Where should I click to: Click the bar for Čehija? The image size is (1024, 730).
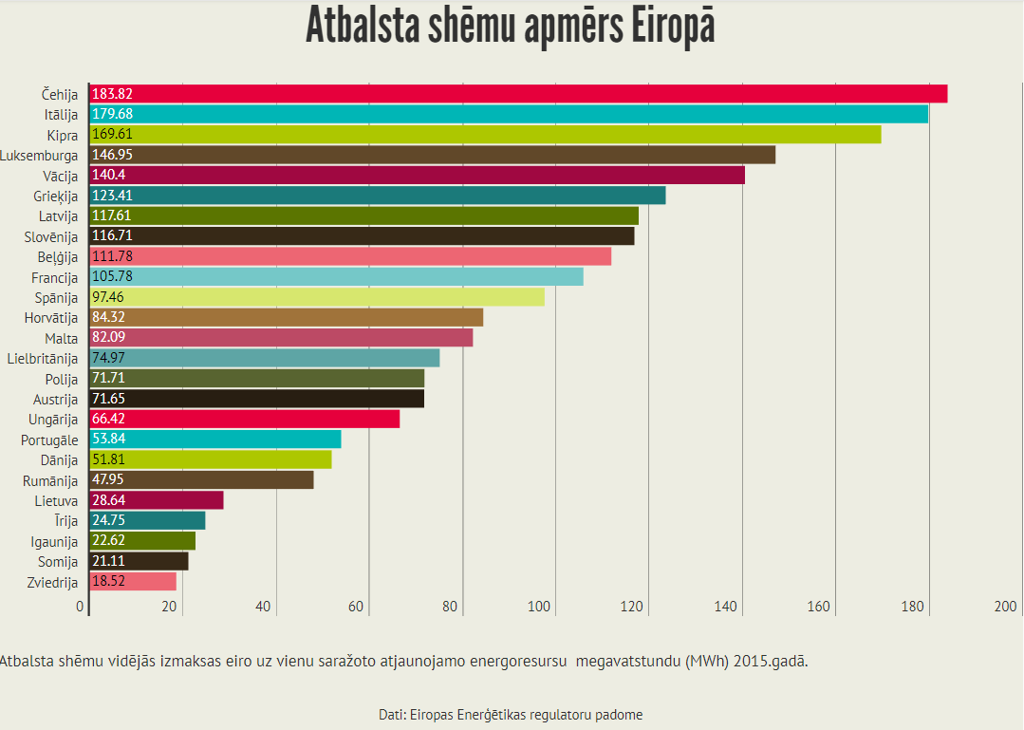pyautogui.click(x=518, y=93)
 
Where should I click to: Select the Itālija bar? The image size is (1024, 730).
pyautogui.click(x=509, y=114)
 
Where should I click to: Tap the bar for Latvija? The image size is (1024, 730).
pyautogui.click(x=363, y=215)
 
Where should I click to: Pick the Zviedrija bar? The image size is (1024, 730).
pyautogui.click(x=133, y=581)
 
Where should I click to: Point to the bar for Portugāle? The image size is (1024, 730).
pyautogui.click(x=214, y=439)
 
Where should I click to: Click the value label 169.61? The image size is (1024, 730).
pyautogui.click(x=112, y=134)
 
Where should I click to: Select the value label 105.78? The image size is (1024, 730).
pyautogui.click(x=112, y=276)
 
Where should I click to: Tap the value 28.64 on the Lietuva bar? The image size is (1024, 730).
pyautogui.click(x=108, y=499)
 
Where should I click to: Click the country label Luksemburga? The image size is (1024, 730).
pyautogui.click(x=40, y=155)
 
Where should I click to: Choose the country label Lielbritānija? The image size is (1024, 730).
pyautogui.click(x=43, y=358)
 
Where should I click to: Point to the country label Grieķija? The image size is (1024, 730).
pyautogui.click(x=55, y=196)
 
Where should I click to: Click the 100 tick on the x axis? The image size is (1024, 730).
pyautogui.click(x=542, y=608)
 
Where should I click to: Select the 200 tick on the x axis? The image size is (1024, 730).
pyautogui.click(x=1006, y=608)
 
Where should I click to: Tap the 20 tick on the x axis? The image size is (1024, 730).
pyautogui.click(x=170, y=608)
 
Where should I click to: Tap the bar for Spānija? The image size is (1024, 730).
pyautogui.click(x=317, y=296)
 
